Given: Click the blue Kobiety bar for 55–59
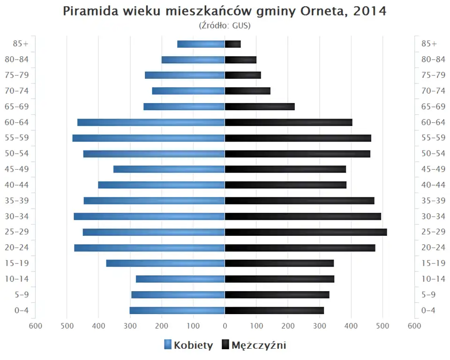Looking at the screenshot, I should [149, 138].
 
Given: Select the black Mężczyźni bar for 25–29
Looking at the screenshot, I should [306, 232].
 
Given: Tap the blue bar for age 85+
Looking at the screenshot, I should [201, 44].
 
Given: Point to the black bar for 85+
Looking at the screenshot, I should [233, 44].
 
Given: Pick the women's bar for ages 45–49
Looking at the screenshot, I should [169, 169].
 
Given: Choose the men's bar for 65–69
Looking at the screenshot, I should [260, 106].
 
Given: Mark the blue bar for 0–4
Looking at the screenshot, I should [177, 310].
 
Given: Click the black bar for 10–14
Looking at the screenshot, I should [279, 279].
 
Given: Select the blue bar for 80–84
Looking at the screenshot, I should [193, 60].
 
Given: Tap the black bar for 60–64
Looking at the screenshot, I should [288, 122].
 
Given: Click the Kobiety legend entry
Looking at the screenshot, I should [188, 345].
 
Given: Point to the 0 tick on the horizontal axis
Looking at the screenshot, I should [225, 326].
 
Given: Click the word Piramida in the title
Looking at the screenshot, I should [88, 11].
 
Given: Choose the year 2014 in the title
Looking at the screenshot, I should [370, 11].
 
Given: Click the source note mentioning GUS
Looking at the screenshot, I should [225, 25].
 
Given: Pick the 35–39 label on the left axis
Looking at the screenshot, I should [17, 201].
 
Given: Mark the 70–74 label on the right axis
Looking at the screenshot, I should [433, 91].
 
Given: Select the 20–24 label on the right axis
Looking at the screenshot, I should [433, 247].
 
